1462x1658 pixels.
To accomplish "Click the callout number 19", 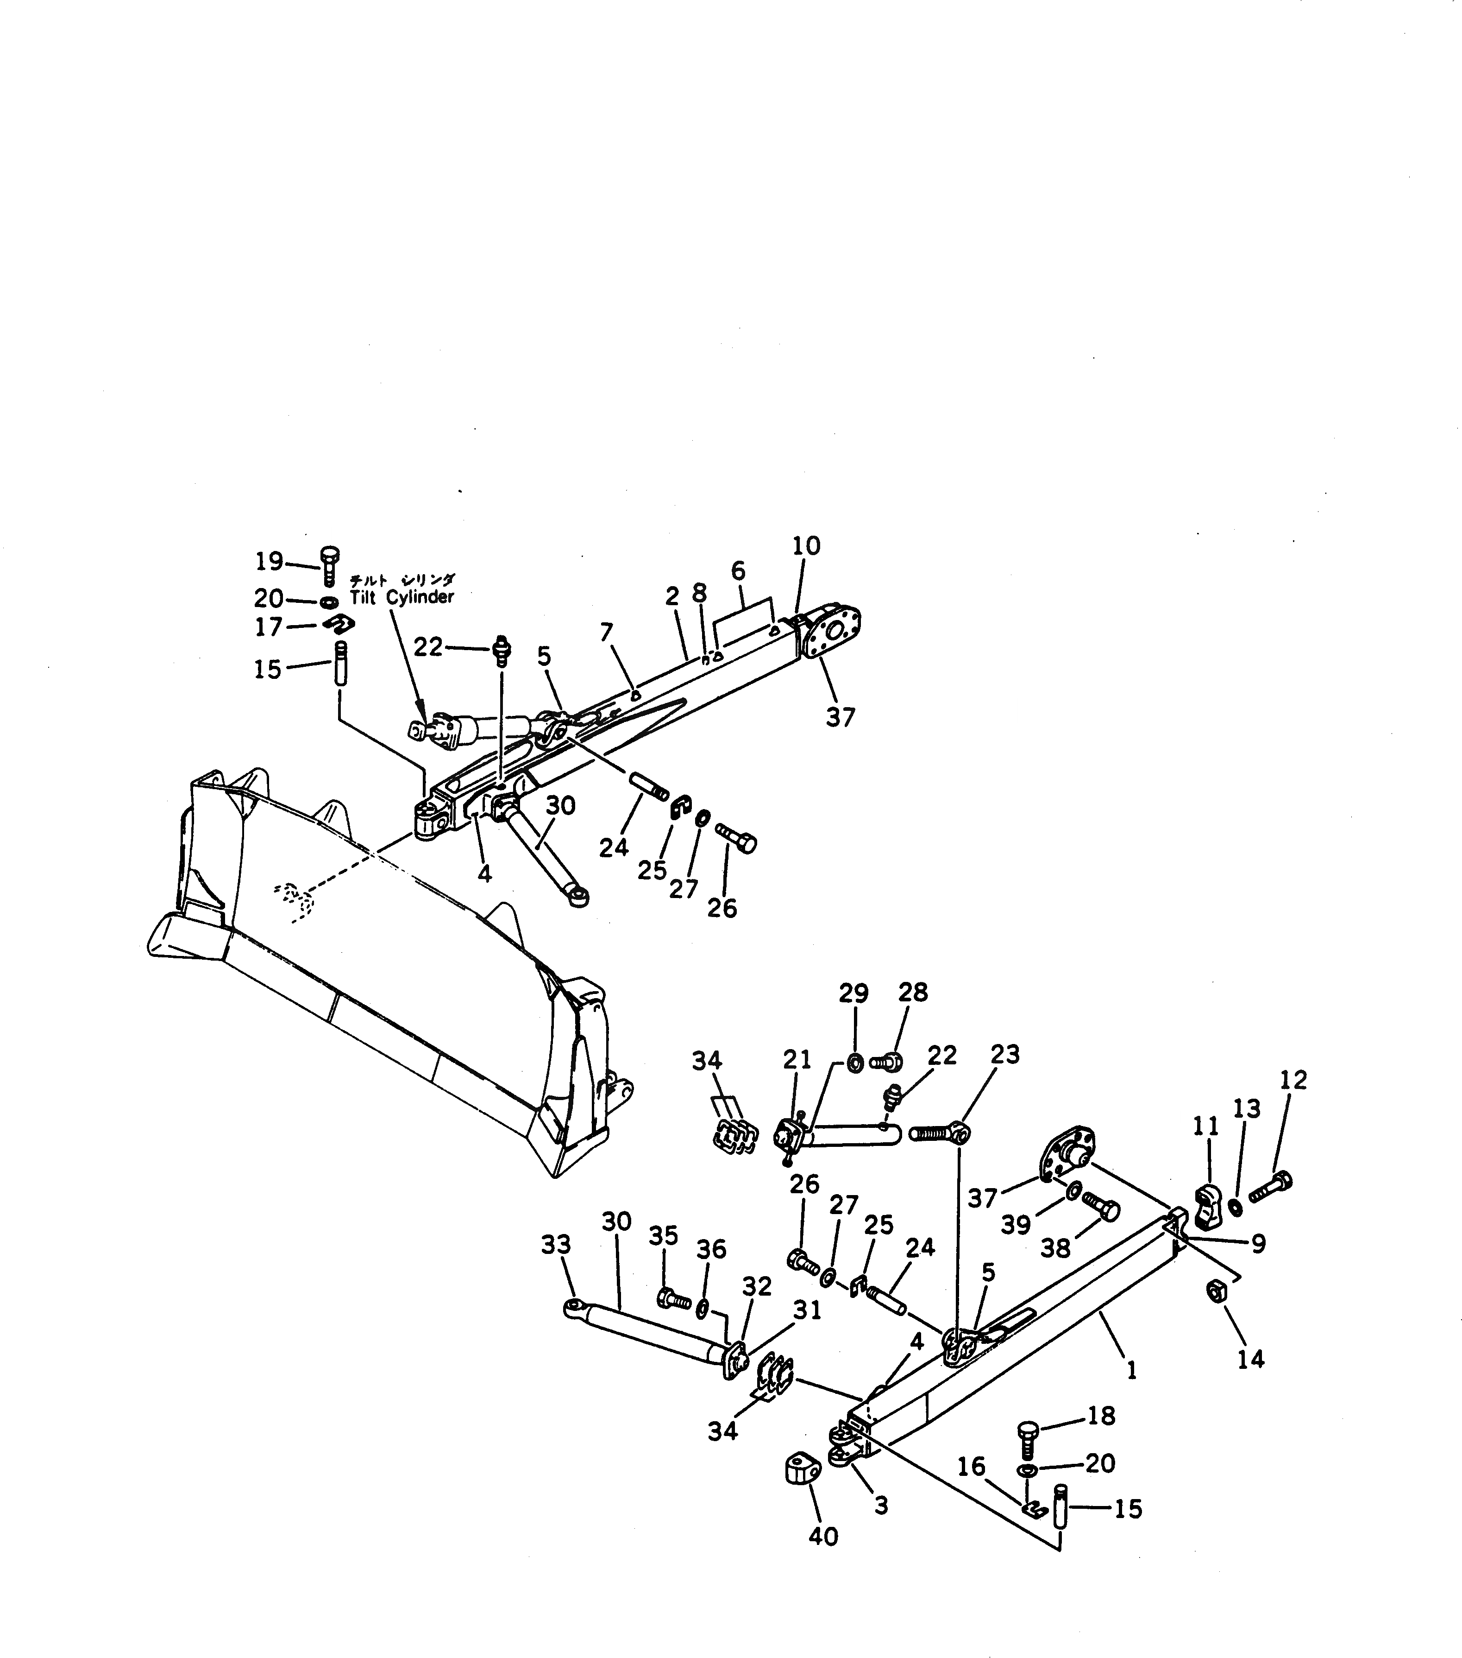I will pos(269,561).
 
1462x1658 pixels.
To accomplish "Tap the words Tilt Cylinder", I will pos(402,597).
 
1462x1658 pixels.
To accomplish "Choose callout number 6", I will pos(738,571).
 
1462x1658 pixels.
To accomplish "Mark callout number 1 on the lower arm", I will pos(1132,1370).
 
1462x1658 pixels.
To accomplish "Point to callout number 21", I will pos(797,1059).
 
